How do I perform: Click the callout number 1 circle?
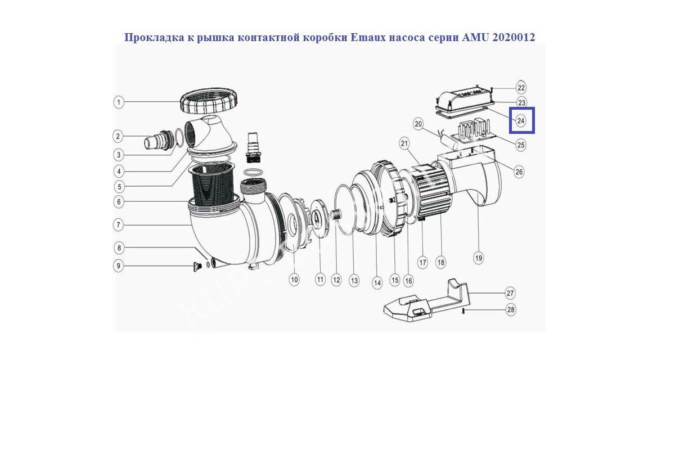point(119,102)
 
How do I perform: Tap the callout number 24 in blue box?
point(521,121)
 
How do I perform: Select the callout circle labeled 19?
point(479,258)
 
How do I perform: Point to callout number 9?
point(119,266)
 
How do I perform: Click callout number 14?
point(377,283)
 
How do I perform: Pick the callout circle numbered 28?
point(511,309)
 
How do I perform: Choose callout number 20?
point(418,124)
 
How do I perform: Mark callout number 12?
point(336,280)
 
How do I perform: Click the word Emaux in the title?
point(367,37)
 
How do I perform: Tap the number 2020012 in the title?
point(514,37)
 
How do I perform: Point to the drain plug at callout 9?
point(197,267)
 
